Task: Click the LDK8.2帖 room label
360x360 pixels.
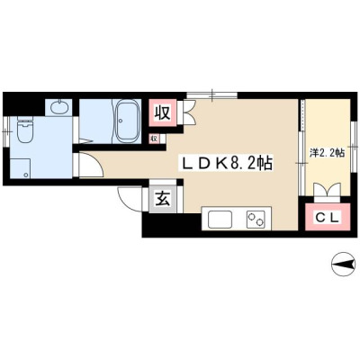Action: click(x=225, y=164)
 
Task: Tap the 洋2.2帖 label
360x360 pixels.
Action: click(x=327, y=153)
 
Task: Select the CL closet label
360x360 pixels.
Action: click(x=328, y=218)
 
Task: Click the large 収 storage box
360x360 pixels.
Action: click(x=163, y=113)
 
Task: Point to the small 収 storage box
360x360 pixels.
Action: click(x=155, y=139)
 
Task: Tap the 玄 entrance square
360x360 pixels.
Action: click(x=163, y=199)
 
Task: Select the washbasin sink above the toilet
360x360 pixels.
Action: click(x=58, y=107)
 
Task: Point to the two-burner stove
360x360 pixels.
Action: click(x=256, y=220)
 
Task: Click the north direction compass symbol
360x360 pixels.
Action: click(x=343, y=264)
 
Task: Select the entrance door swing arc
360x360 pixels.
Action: click(x=128, y=198)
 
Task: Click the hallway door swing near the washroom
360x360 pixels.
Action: click(x=90, y=165)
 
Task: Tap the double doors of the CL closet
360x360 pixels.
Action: click(x=328, y=190)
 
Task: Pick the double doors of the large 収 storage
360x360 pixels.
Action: click(x=189, y=112)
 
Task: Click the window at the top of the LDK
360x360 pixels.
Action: click(x=212, y=94)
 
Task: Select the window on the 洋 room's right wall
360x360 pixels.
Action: click(x=354, y=147)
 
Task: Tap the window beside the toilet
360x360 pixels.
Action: click(x=6, y=131)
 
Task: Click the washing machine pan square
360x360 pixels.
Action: click(x=21, y=168)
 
